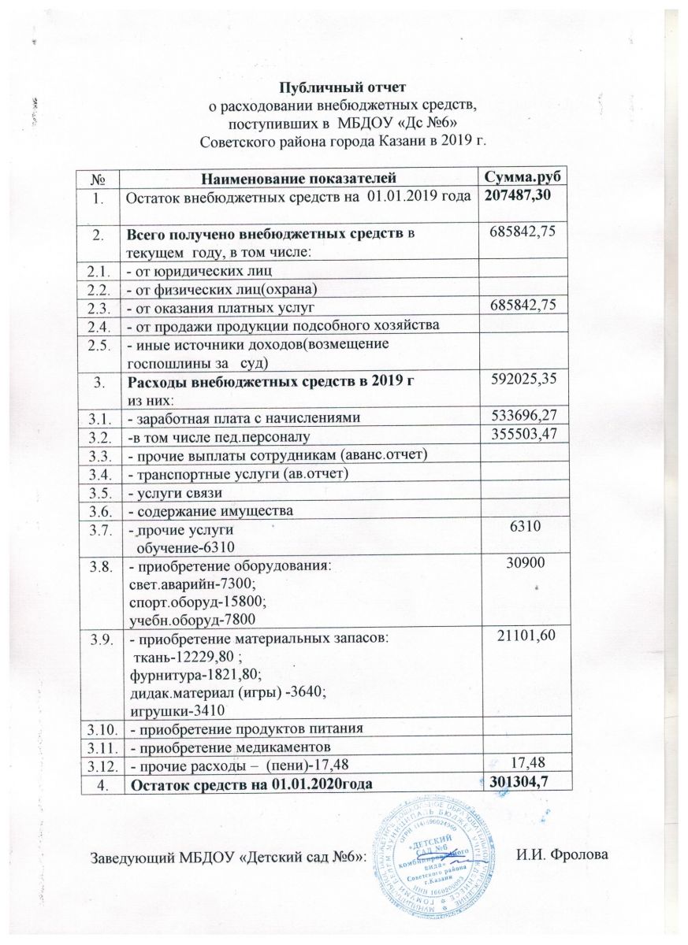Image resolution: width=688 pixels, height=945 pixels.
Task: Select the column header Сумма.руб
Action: (524, 179)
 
